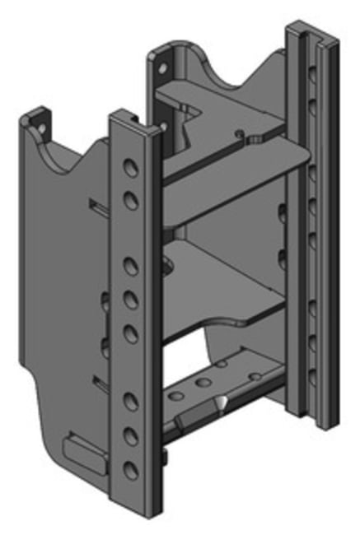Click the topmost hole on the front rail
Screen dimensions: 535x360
[x=130, y=169]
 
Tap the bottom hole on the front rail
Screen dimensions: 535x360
[x=130, y=471]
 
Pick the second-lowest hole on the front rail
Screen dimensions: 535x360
[x=130, y=436]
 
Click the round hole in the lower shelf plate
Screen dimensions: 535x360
[x=168, y=265]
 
